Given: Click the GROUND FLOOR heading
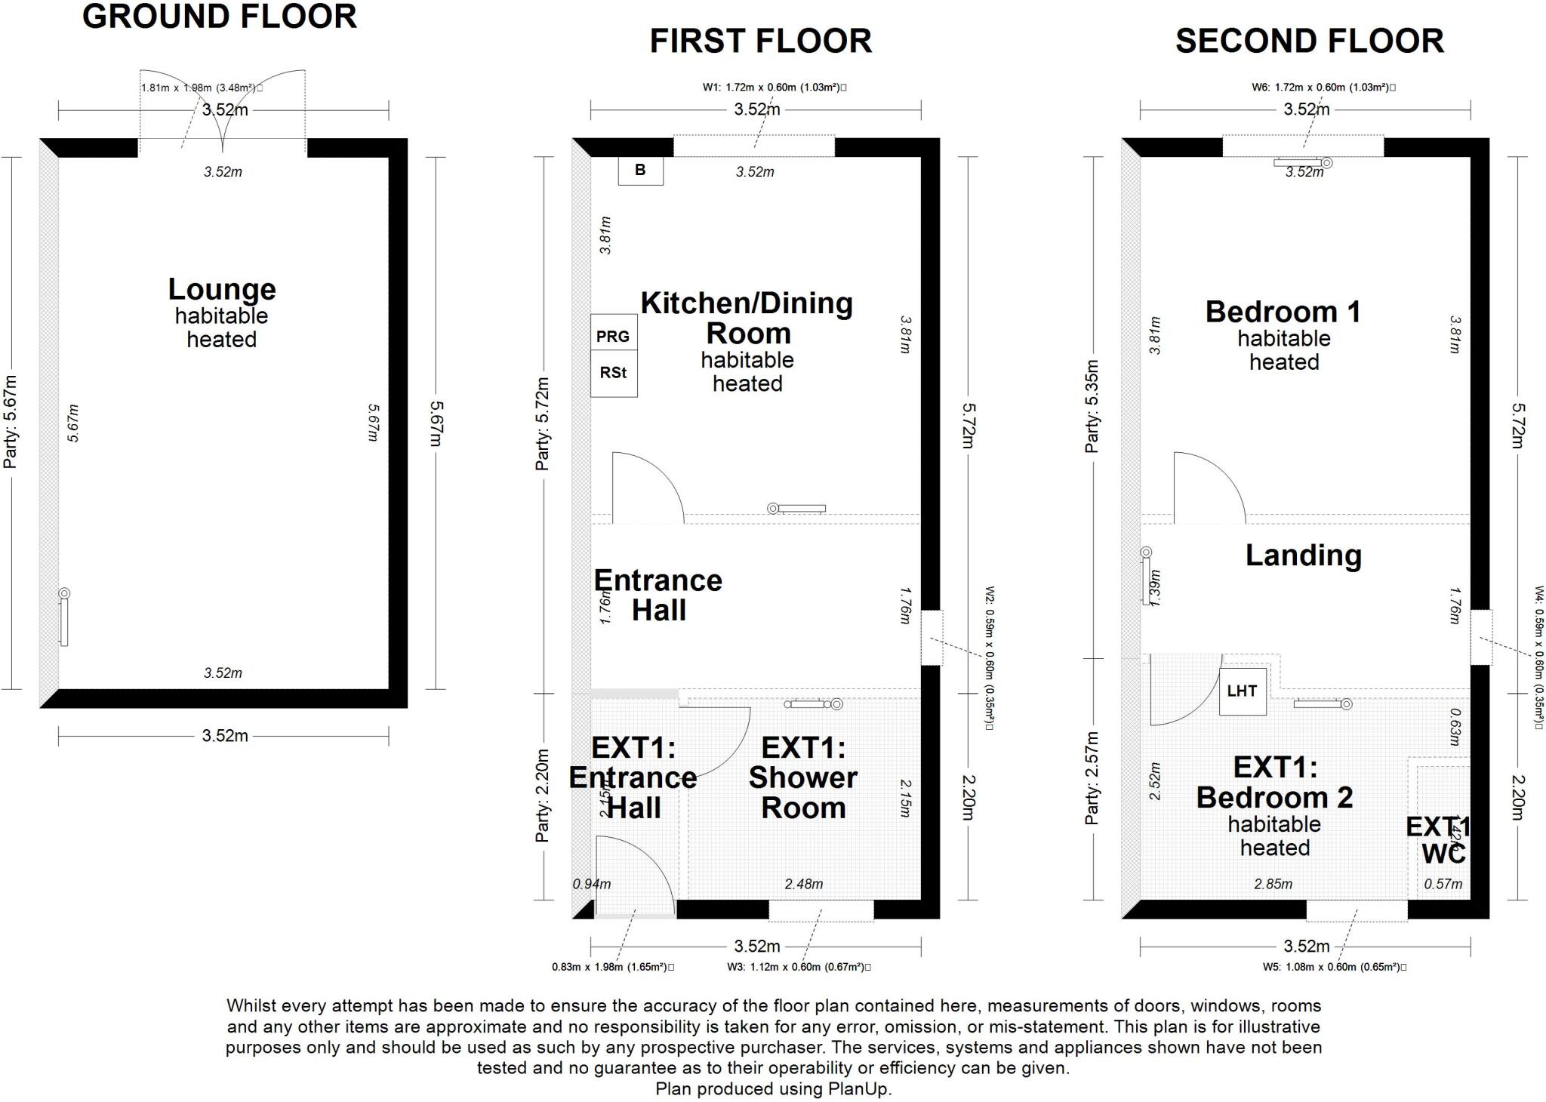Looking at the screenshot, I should point(219,17).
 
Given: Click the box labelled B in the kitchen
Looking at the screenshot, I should point(640,171).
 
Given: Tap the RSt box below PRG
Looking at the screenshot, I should point(613,373).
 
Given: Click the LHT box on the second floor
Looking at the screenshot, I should point(1242,691).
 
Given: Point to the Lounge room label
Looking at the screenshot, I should point(221,290).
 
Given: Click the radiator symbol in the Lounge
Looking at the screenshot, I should point(64,619).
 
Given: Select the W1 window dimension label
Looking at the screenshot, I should point(774,88).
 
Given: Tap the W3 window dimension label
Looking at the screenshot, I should point(798,967).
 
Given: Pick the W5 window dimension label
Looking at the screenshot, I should point(1333,967).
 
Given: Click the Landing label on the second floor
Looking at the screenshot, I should point(1303,556).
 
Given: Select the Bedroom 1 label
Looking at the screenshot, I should point(1283,312).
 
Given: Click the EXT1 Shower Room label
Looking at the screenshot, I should point(802,777).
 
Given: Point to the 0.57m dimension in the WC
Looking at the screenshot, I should point(1443,884).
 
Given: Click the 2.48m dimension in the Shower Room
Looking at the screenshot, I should point(803,884).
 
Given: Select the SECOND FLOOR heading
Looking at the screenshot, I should point(1309,42).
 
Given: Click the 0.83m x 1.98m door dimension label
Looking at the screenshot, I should point(612,967).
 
